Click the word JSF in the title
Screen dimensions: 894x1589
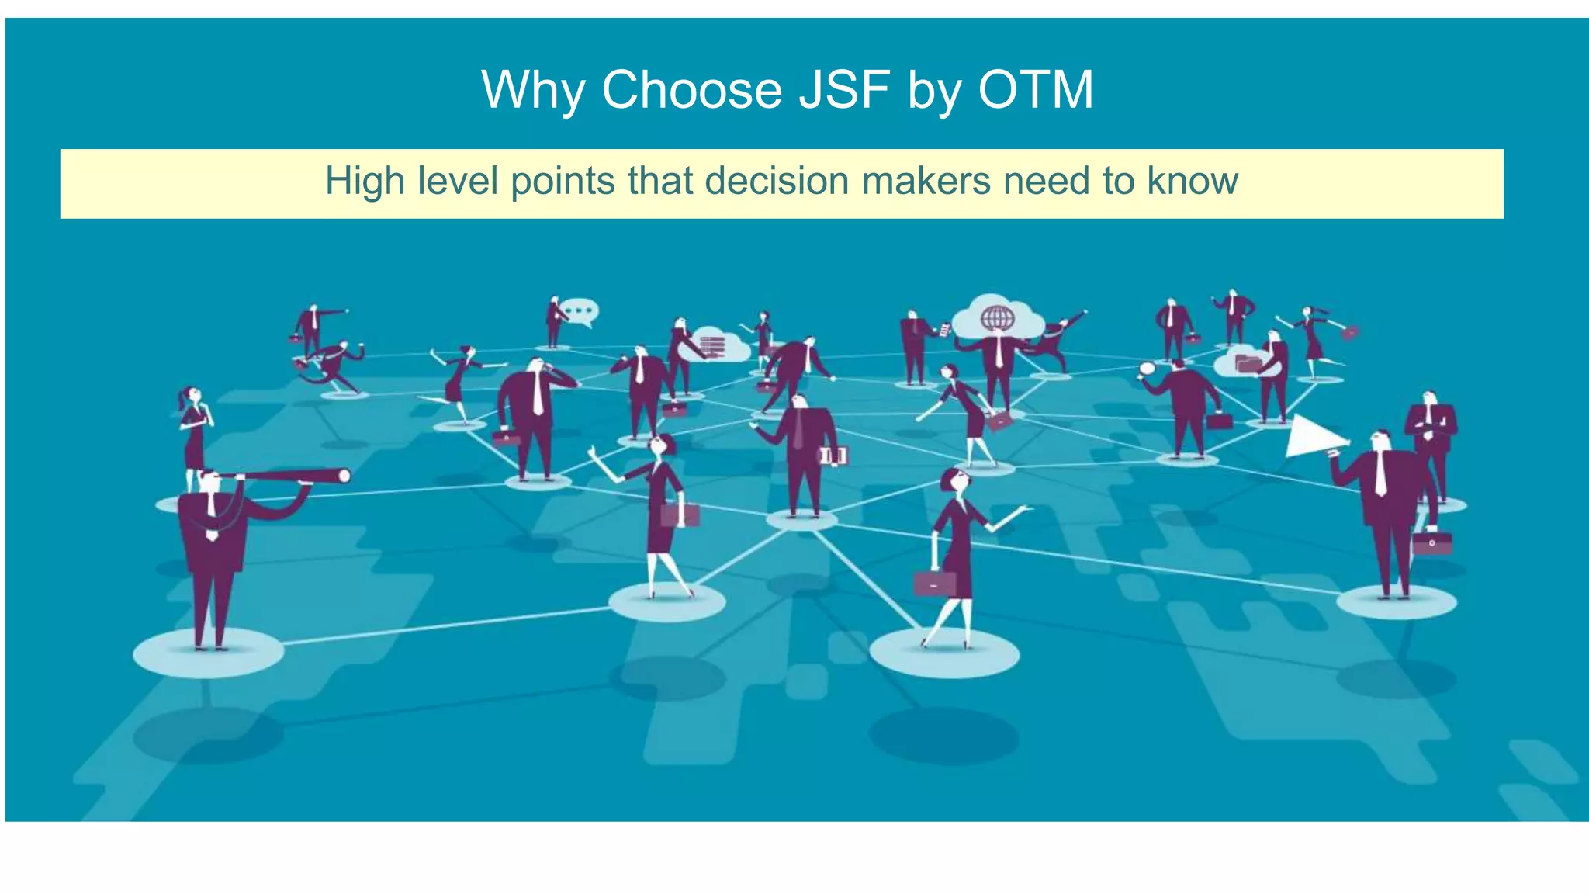pos(844,90)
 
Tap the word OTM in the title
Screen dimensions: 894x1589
pos(1035,90)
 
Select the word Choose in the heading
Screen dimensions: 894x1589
pos(692,90)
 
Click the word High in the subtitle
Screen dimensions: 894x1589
pos(365,181)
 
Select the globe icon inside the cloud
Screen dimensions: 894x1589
pos(997,317)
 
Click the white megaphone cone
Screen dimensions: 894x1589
pos(1313,436)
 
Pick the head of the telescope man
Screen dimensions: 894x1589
pos(209,481)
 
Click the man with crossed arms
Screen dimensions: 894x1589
pos(1431,435)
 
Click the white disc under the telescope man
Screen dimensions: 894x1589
pos(208,653)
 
